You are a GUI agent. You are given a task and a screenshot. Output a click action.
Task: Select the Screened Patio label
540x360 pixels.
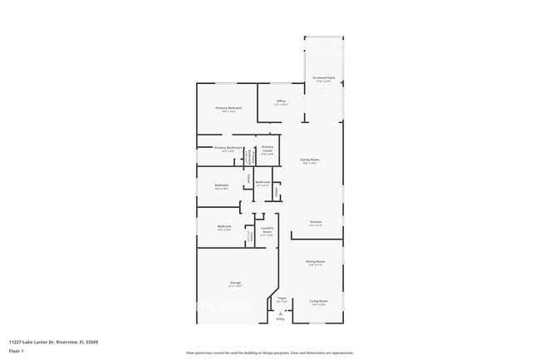click(324, 78)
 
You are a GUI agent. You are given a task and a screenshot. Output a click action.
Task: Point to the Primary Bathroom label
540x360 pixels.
click(228, 148)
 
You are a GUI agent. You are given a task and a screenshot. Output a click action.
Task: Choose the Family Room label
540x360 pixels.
click(310, 160)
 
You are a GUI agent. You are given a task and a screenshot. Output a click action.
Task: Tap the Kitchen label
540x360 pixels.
click(316, 222)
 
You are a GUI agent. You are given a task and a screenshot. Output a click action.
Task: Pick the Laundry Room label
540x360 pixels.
click(267, 229)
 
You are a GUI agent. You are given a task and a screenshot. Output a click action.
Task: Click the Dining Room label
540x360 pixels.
click(316, 262)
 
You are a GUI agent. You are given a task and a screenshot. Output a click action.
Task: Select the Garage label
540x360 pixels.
click(236, 284)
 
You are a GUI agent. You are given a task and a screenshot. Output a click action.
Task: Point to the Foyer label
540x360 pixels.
click(282, 298)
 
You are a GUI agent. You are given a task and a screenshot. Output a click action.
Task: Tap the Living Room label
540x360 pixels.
click(319, 301)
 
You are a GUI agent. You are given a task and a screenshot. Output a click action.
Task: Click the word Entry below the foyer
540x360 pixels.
click(280, 319)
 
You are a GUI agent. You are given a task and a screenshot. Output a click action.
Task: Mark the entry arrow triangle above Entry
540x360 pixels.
click(280, 313)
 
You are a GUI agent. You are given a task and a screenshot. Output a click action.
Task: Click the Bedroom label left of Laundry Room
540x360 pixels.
click(224, 227)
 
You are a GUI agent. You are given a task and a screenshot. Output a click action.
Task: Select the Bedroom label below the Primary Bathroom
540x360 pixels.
click(221, 185)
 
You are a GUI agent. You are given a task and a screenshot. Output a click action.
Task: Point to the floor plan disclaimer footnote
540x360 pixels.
click(269, 353)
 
